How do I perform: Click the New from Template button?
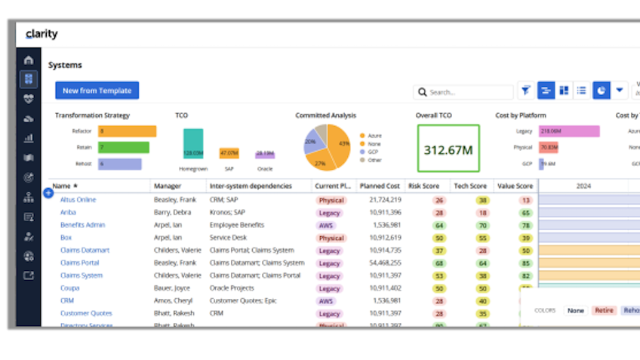click(x=97, y=91)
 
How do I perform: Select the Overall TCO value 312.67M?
click(x=448, y=149)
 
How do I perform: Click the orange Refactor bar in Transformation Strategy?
click(x=126, y=131)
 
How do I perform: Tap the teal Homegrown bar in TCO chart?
click(x=193, y=143)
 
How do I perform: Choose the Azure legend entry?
click(x=374, y=135)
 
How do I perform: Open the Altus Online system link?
click(x=78, y=200)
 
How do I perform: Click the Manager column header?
click(x=168, y=186)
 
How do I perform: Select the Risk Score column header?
click(x=425, y=186)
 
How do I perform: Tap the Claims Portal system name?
click(x=79, y=263)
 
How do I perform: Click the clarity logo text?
click(x=42, y=34)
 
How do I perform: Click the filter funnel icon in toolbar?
click(x=525, y=91)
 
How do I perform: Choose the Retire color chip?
click(x=604, y=310)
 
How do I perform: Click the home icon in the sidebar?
click(x=29, y=60)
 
